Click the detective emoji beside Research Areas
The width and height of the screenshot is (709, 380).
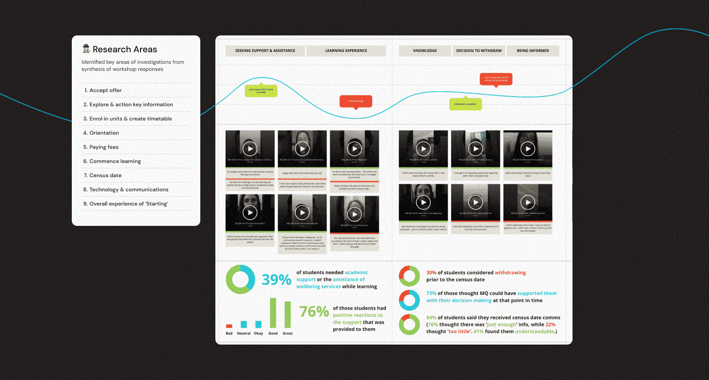[86, 49]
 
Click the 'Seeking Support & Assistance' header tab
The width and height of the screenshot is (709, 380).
[265, 51]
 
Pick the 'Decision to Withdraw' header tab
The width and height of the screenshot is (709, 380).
[479, 51]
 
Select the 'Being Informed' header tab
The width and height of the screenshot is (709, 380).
[533, 51]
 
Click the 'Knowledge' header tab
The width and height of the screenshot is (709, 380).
[425, 51]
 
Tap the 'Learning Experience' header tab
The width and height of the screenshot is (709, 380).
[346, 51]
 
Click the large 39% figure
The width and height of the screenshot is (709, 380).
[276, 280]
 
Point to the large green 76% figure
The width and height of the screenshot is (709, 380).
[314, 312]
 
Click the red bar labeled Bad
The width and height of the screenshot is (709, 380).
[229, 326]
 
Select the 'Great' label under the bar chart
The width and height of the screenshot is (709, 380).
[288, 333]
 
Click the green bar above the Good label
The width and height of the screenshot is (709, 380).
[273, 313]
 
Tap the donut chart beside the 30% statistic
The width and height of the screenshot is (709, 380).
[409, 276]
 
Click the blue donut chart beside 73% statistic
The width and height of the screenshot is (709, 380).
[409, 300]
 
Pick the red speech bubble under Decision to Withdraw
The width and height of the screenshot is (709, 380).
[496, 79]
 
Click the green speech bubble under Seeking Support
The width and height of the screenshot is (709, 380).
[261, 91]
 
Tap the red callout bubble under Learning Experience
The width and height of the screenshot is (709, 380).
[356, 101]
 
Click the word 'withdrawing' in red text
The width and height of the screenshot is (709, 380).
[510, 273]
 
